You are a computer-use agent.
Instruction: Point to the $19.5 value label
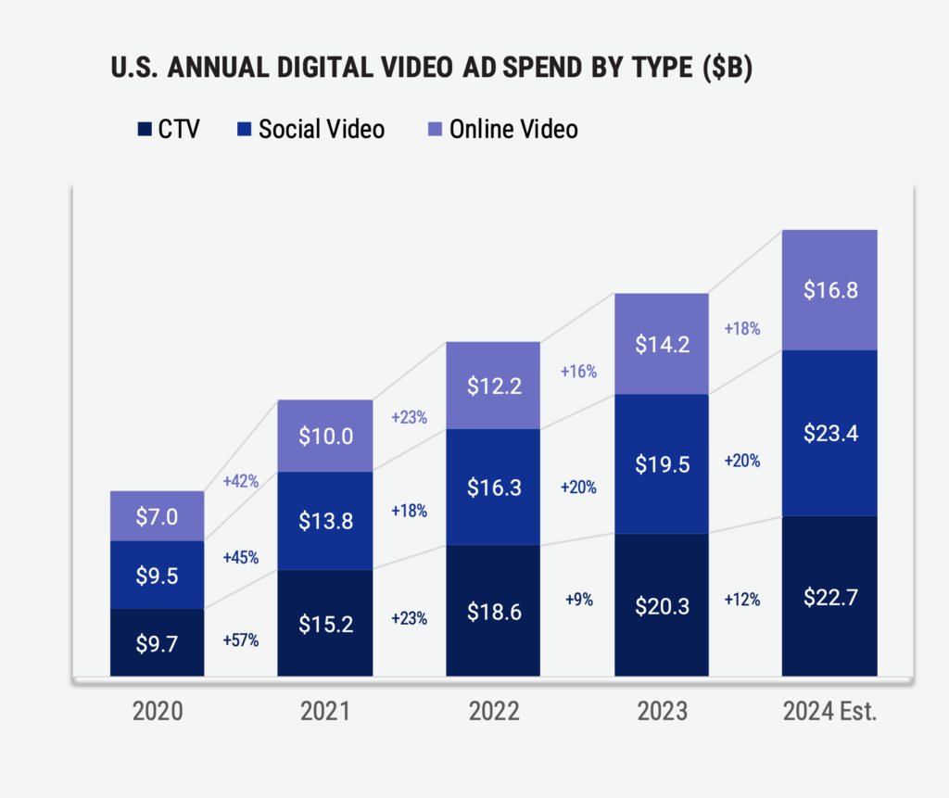tap(662, 464)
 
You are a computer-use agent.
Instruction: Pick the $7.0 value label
tap(157, 516)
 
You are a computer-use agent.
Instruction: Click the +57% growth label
tap(241, 640)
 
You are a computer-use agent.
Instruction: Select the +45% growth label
tap(241, 558)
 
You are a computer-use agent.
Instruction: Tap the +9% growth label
tap(578, 599)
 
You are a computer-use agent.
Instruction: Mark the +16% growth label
tap(578, 372)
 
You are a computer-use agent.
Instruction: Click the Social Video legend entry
tap(310, 129)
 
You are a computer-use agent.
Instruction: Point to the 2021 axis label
tap(325, 712)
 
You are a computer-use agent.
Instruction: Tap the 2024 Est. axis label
tap(829, 712)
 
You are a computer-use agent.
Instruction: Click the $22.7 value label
tap(829, 597)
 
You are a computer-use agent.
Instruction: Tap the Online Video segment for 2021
tap(325, 436)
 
